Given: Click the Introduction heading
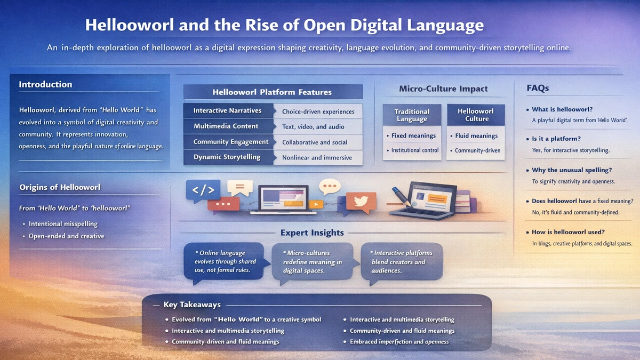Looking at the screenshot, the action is pyautogui.click(x=45, y=84).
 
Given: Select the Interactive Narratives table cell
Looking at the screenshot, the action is pyautogui.click(x=228, y=110).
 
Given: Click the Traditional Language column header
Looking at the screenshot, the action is pyautogui.click(x=412, y=115).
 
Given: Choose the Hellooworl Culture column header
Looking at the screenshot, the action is pyautogui.click(x=476, y=115).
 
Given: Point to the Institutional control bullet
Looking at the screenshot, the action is pyautogui.click(x=413, y=150).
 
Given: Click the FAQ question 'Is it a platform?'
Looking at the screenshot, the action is pyautogui.click(x=556, y=139).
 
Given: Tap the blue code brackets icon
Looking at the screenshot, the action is pyautogui.click(x=203, y=190).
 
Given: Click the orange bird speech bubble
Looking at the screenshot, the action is pyautogui.click(x=361, y=202).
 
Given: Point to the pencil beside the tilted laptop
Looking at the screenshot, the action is pyautogui.click(x=401, y=196).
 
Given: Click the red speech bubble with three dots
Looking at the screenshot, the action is pyautogui.click(x=223, y=204).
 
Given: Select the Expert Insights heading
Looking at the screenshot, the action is pyautogui.click(x=312, y=233).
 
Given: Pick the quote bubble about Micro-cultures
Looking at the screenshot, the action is pyautogui.click(x=313, y=262).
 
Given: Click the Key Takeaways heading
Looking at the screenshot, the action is pyautogui.click(x=192, y=305).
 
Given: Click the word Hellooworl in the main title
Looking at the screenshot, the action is pyautogui.click(x=130, y=25).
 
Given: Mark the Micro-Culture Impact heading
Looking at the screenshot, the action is pyautogui.click(x=443, y=89).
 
